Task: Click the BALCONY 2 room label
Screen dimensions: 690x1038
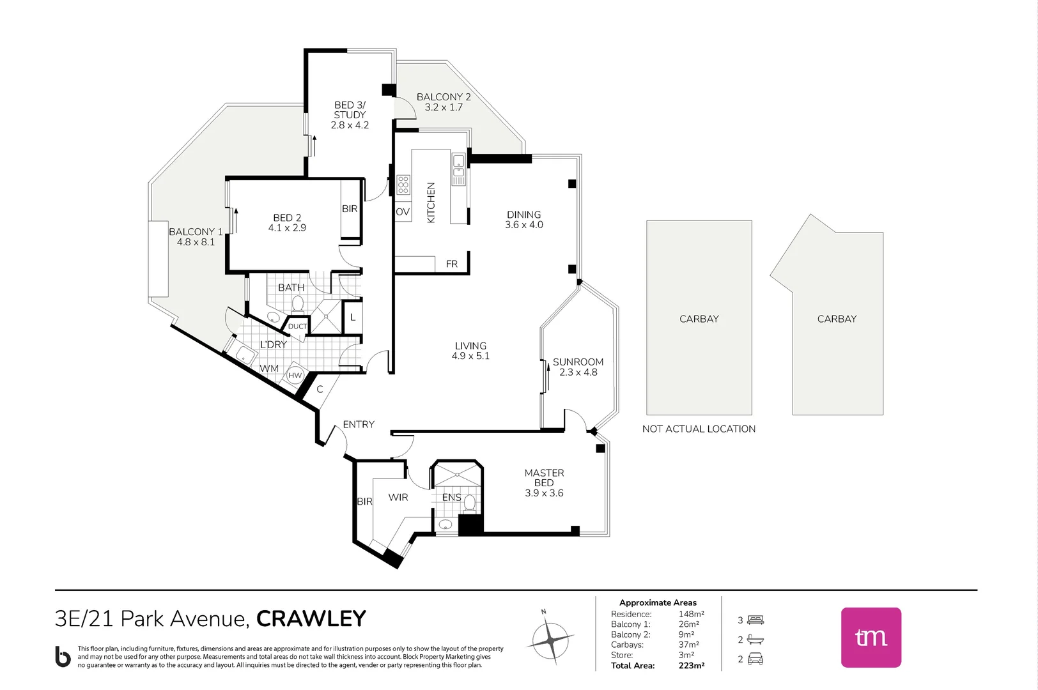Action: pos(444,97)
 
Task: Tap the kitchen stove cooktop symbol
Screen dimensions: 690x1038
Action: pos(403,184)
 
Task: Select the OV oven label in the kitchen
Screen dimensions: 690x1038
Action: pos(402,212)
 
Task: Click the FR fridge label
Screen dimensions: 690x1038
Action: pos(451,264)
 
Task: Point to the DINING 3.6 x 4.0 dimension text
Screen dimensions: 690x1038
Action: pos(523,225)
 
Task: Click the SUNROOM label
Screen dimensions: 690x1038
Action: pos(578,362)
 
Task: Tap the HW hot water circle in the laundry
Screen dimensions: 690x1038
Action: pos(295,376)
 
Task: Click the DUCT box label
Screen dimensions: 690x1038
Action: pos(297,326)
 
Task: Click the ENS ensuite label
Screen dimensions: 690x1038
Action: pos(451,497)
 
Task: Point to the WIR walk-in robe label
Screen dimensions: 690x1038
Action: pos(398,497)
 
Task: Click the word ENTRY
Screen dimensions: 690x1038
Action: pos(359,424)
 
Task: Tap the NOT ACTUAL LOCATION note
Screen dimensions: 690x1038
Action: pos(699,429)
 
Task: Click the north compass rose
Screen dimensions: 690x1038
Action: pos(550,639)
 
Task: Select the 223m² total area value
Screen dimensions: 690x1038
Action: pos(691,666)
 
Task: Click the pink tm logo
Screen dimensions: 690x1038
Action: pos(871,637)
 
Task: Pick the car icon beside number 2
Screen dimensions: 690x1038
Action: pos(755,659)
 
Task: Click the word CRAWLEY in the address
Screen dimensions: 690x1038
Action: pos(311,618)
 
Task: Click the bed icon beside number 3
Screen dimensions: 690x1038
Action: pos(755,620)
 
